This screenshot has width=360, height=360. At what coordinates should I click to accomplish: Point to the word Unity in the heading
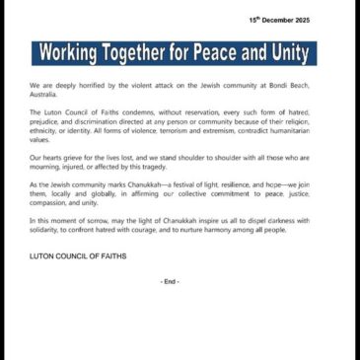coord(293,53)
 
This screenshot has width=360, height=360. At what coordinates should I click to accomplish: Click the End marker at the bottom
coord(170,282)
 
